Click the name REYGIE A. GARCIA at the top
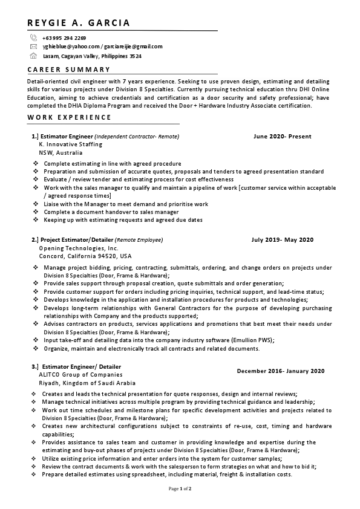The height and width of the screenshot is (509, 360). (x=79, y=24)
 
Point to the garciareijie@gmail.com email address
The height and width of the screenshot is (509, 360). (x=133, y=47)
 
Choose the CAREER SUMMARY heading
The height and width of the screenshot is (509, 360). (x=69, y=70)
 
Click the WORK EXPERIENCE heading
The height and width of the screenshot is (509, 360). (x=70, y=117)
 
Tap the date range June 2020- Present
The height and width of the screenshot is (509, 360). (x=283, y=137)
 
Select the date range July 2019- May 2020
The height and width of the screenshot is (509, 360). (x=283, y=240)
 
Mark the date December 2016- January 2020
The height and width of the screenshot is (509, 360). (x=281, y=371)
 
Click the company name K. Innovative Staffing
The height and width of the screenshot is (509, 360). (x=70, y=144)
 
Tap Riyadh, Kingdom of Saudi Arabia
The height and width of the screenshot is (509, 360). (x=87, y=383)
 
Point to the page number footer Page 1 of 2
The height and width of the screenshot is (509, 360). (x=180, y=488)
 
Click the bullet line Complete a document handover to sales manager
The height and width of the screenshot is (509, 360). (x=111, y=212)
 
